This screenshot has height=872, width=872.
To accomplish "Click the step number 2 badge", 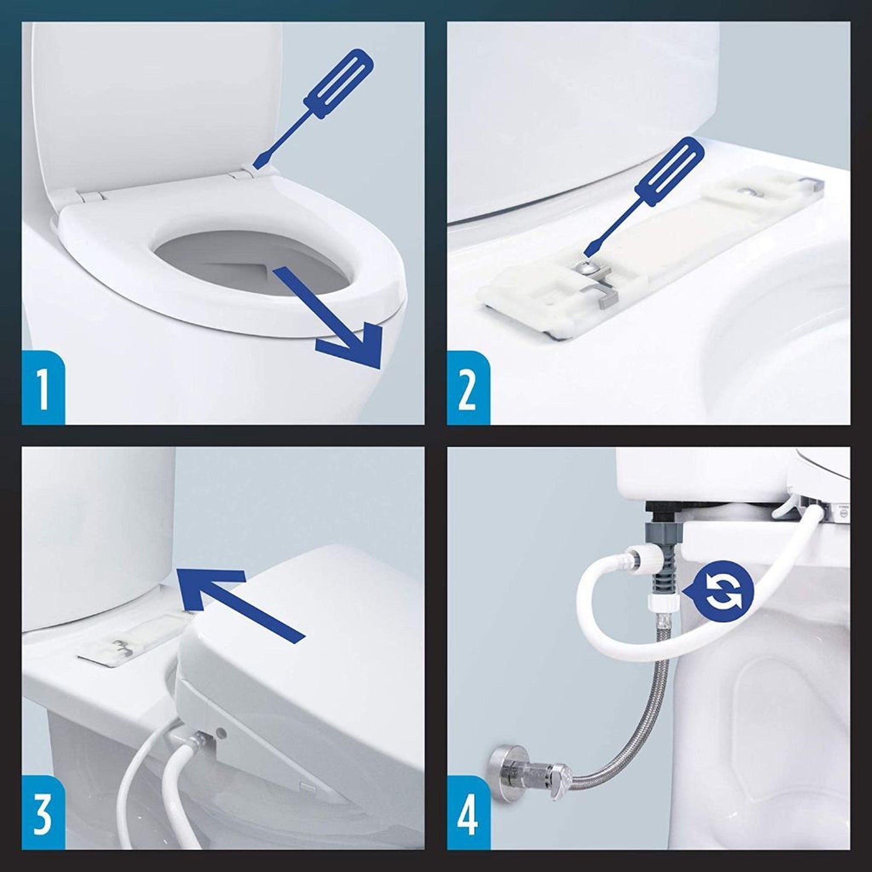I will [x=468, y=390].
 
